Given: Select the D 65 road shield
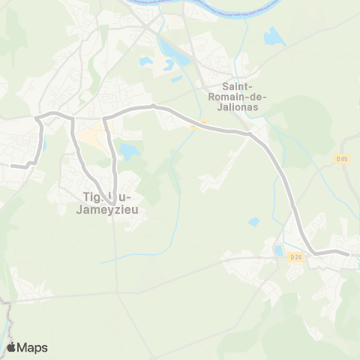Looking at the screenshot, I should tap(342, 159).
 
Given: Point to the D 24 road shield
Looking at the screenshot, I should tap(295, 258).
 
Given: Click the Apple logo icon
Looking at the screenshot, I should tap(11, 347).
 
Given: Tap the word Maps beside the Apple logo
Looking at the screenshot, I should tap(33, 347).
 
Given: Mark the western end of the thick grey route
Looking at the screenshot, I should tap(11, 166).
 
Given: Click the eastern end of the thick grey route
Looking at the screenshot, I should tap(349, 254).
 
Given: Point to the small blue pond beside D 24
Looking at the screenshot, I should tap(279, 250).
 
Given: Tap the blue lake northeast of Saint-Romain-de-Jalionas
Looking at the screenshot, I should tap(274, 36).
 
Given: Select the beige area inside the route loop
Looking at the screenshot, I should tap(91, 137).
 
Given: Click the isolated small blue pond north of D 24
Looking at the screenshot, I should tap(254, 221).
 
